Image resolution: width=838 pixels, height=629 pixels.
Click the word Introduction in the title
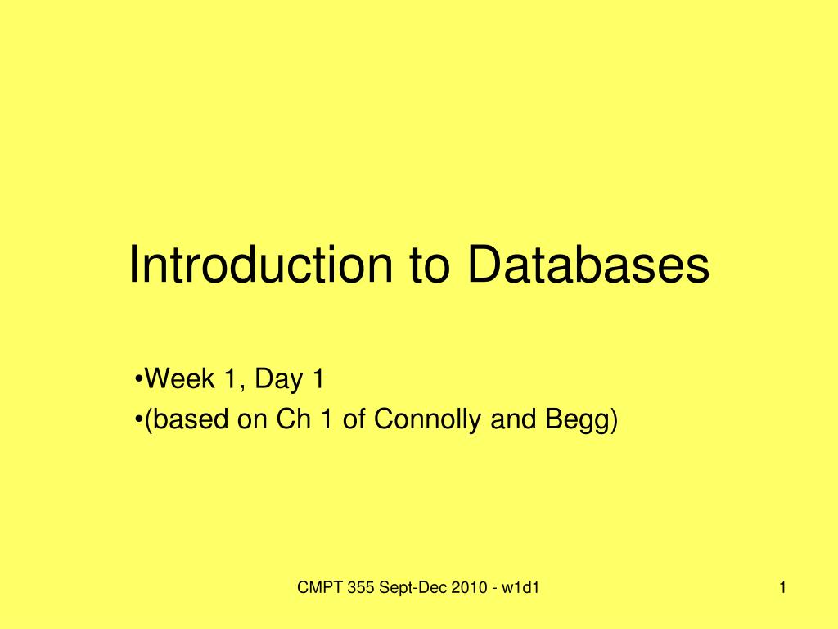[258, 265]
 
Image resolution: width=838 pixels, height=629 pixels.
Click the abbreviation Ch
[290, 419]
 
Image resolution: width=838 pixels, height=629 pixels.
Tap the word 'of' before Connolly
[355, 419]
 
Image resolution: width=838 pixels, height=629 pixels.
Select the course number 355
[358, 587]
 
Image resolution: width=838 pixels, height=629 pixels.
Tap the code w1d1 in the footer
[525, 587]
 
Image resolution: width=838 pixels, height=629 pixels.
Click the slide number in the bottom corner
[783, 587]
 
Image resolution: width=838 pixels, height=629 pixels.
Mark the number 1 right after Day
[317, 379]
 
